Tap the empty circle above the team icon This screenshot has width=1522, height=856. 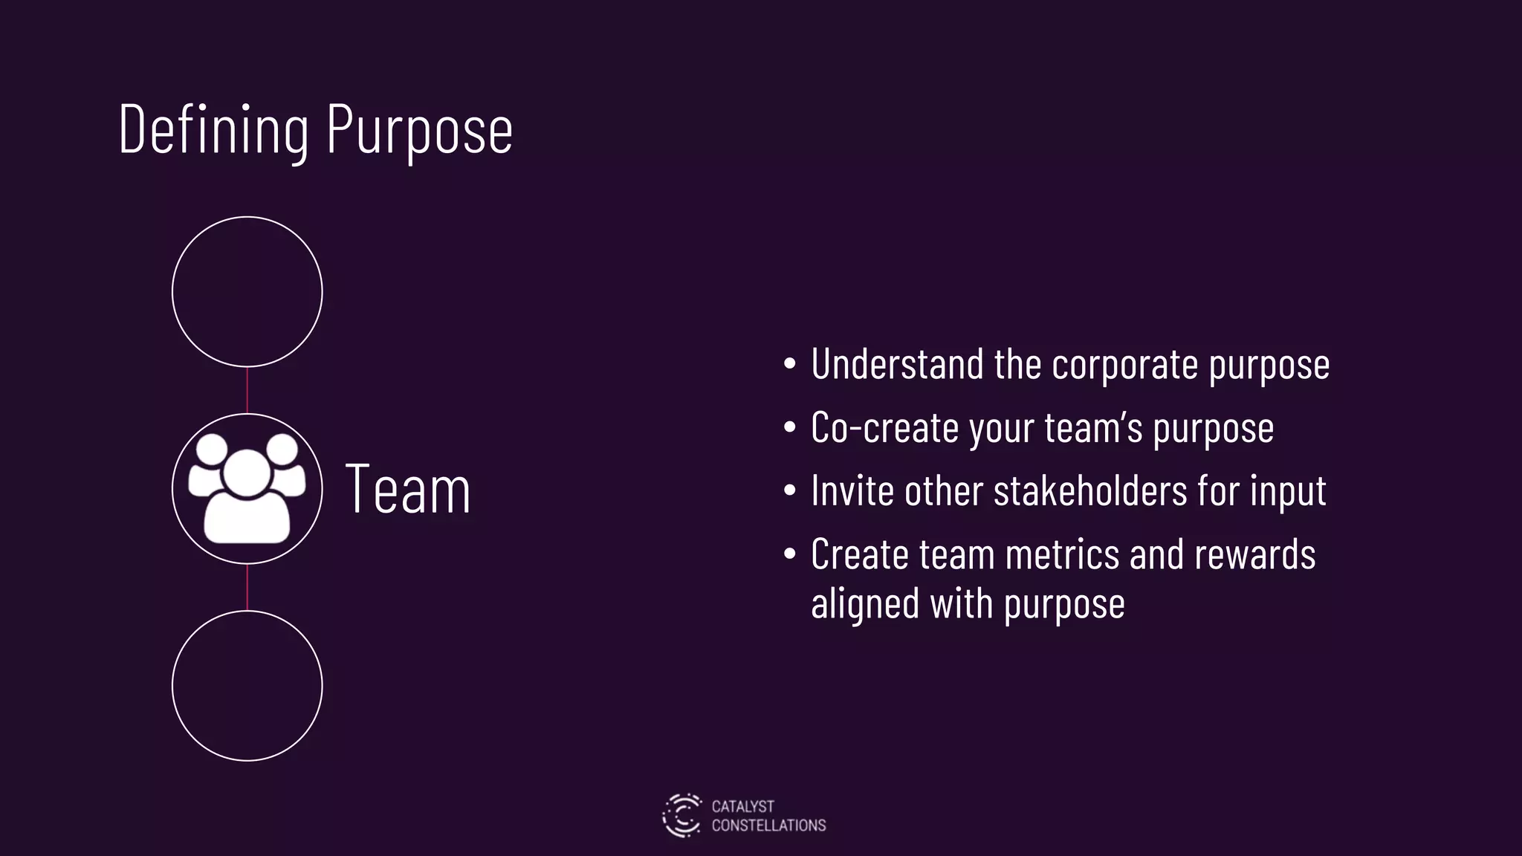click(247, 291)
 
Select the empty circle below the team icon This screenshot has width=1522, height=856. click(247, 685)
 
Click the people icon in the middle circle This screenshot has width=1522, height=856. click(247, 488)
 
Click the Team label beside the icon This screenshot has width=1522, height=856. click(408, 489)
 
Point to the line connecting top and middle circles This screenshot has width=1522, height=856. click(247, 390)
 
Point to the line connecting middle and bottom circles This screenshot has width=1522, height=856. click(247, 587)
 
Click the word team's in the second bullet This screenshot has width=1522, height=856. click(1092, 428)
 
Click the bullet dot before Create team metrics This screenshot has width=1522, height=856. click(790, 554)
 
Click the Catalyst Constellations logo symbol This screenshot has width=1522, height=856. click(681, 815)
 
